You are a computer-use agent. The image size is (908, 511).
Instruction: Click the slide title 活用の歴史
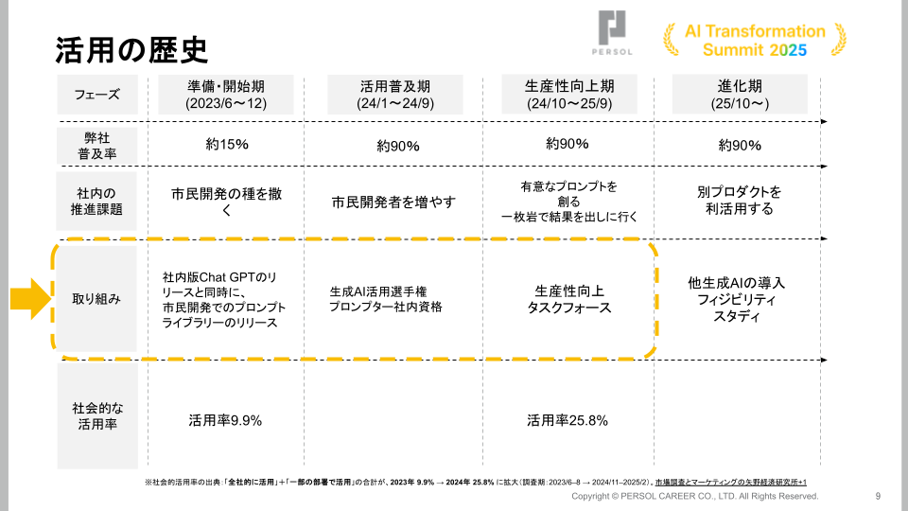click(x=131, y=48)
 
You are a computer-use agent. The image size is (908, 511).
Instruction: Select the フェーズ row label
click(x=96, y=95)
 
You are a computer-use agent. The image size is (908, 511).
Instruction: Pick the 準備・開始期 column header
click(x=225, y=95)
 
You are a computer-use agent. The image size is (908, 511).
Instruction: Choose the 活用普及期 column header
click(x=396, y=95)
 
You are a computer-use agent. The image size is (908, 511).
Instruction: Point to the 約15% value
click(x=226, y=145)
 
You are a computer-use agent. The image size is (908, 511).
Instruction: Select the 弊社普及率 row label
click(x=96, y=145)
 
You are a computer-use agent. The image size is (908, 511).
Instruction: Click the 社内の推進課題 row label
click(x=96, y=201)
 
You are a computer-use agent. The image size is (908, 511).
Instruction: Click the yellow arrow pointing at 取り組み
click(x=29, y=299)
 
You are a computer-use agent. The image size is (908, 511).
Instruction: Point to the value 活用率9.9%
click(x=225, y=419)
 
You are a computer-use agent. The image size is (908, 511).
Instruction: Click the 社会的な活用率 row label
click(x=96, y=417)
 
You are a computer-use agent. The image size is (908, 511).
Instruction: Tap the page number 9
click(x=878, y=496)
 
